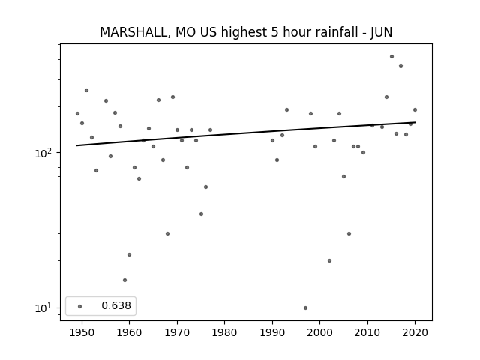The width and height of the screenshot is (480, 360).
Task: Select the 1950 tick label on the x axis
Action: [82, 332]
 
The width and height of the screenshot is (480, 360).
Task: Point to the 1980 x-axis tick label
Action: [224, 332]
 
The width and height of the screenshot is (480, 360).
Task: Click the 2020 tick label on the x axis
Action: [415, 332]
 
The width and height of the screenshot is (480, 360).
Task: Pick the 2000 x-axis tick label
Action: [319, 332]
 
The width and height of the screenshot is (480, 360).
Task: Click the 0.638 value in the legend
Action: [116, 305]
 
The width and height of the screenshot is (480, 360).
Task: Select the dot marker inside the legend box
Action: [80, 306]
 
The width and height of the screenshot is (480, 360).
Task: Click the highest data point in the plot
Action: [391, 57]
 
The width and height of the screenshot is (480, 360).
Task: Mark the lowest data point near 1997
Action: [305, 307]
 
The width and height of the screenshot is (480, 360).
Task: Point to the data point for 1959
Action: [125, 280]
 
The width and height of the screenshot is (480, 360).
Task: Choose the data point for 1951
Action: [87, 90]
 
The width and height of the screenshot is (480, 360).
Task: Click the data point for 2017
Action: [400, 65]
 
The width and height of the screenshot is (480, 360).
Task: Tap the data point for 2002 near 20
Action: [330, 260]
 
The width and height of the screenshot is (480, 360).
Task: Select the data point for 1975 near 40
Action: [201, 214]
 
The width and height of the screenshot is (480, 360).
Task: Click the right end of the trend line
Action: [415, 122]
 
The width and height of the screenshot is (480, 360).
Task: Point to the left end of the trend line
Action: [76, 145]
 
